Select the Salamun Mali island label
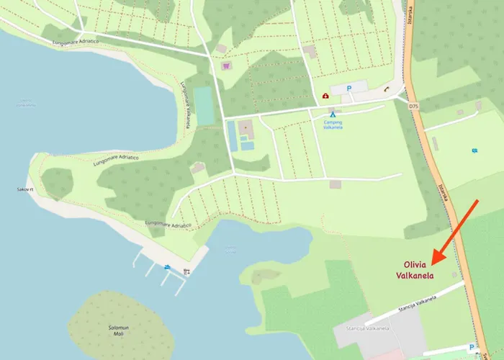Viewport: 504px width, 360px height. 118,330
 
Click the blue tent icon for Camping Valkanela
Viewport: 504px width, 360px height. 333,114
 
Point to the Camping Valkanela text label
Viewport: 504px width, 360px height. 333,125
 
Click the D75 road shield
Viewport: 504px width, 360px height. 413,107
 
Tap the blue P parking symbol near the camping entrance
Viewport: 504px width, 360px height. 349,88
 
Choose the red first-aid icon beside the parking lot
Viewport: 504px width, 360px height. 325,96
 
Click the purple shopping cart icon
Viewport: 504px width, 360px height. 227,66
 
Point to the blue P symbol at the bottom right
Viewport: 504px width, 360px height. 472,347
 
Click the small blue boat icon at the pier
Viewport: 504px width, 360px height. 168,267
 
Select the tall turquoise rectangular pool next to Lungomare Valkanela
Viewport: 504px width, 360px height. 204,105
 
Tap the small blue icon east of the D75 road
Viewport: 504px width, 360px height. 474,150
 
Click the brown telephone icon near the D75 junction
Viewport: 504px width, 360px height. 387,89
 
